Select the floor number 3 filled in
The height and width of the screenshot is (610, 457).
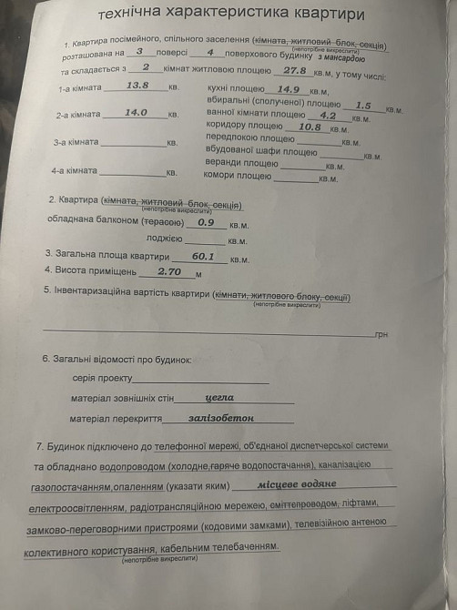point(139,52)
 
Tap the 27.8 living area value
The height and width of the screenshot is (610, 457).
point(294,70)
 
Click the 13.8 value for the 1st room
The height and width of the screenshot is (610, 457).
point(137,86)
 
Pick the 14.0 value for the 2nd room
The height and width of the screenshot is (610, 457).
point(136,113)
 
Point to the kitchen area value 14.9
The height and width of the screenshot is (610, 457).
point(289,89)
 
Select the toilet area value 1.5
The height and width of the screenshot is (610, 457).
point(363,105)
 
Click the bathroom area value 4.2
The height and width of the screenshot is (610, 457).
point(328,116)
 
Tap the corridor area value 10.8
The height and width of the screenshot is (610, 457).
point(310,127)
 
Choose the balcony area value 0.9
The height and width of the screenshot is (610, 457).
point(206,222)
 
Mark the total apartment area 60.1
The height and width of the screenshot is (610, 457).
point(203,257)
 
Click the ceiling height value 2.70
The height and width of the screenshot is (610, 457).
point(170,271)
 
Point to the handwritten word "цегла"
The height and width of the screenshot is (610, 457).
point(220,398)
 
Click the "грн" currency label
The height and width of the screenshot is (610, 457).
point(381,334)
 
